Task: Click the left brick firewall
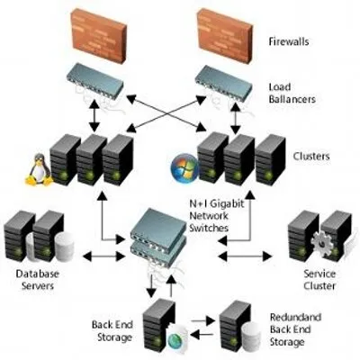pyautogui.click(x=100, y=29)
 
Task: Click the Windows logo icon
pyautogui.click(x=185, y=167)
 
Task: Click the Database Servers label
pyautogui.click(x=36, y=280)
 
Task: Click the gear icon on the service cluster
pyautogui.click(x=298, y=241)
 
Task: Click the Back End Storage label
pyautogui.click(x=112, y=330)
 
